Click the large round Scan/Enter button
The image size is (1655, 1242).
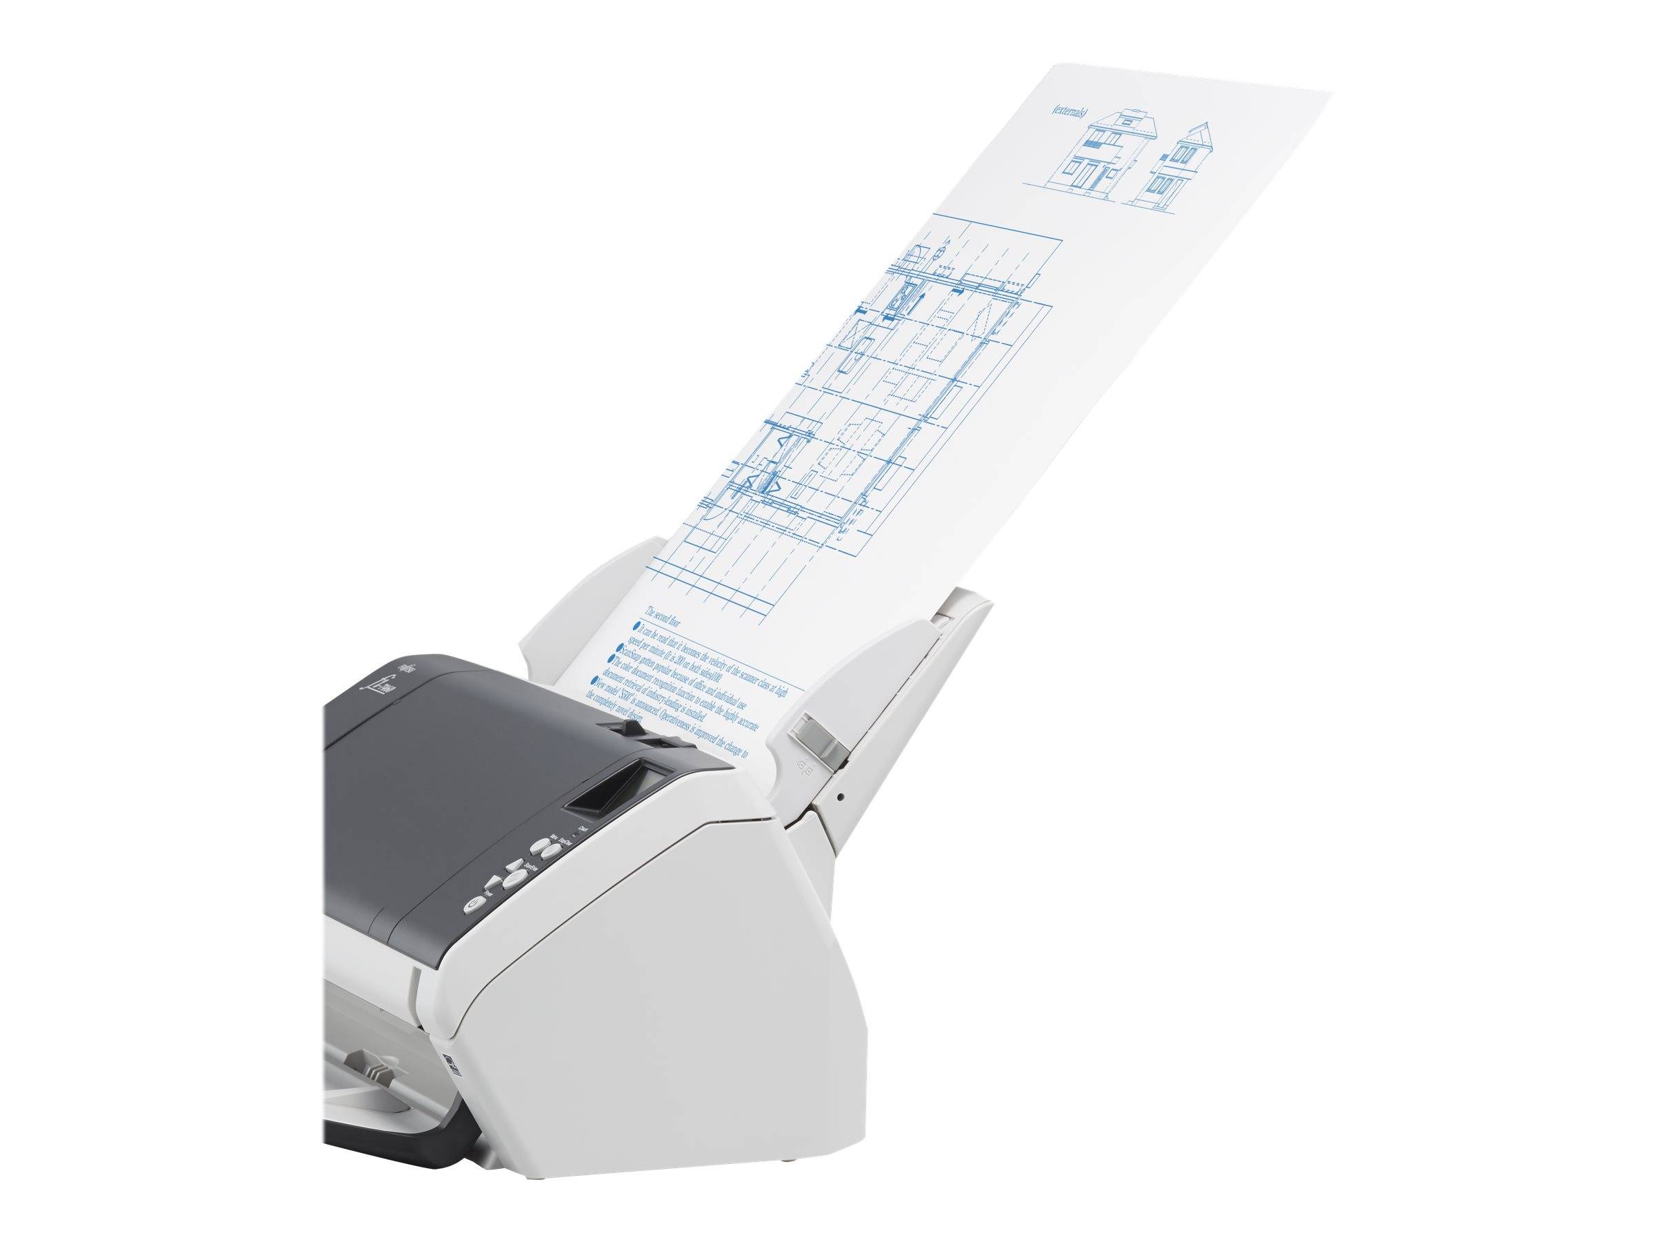coord(512,880)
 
